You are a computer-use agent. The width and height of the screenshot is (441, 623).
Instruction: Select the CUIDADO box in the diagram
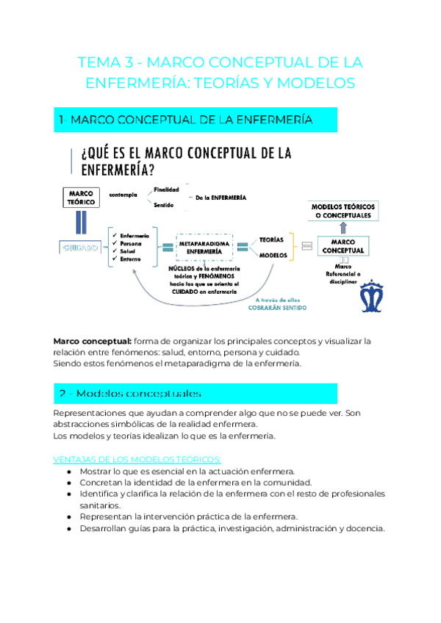80,248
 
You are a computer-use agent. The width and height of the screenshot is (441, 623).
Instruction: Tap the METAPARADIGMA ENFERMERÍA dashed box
204,248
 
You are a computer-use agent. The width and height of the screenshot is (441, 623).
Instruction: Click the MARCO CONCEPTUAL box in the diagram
343,246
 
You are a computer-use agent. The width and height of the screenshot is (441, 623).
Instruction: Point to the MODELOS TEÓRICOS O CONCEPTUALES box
343,211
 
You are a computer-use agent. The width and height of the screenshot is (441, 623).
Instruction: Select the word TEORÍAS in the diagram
272,240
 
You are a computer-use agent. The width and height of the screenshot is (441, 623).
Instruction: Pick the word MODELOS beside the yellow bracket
273,256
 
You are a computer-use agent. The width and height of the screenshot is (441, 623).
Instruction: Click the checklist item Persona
129,242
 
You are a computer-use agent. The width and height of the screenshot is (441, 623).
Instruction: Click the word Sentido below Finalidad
163,205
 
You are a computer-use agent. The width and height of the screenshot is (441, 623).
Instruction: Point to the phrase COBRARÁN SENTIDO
276,308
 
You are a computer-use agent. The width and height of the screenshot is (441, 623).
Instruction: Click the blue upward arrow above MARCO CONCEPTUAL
343,225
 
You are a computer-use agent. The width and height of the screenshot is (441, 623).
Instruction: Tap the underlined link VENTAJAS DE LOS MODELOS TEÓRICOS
121,459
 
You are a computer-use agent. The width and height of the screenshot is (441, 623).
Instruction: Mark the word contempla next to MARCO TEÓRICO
123,195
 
